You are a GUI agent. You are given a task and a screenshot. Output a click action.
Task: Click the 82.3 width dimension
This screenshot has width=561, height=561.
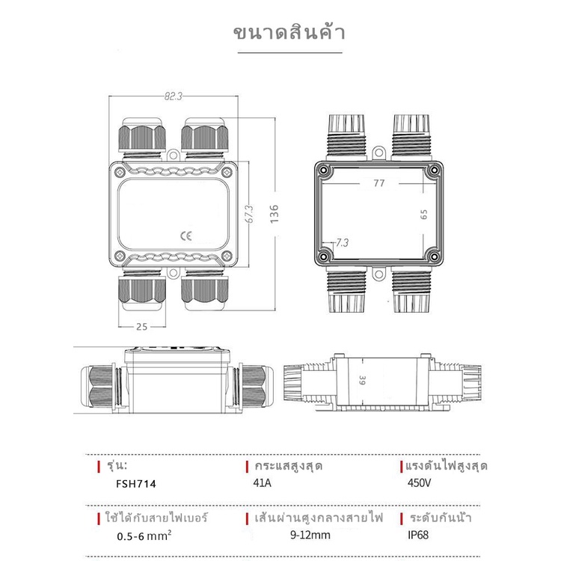pos(174,96)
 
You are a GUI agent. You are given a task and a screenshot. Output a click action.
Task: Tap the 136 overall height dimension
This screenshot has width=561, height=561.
pos(274,214)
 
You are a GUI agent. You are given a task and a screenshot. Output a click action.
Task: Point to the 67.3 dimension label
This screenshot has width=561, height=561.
pos(249,214)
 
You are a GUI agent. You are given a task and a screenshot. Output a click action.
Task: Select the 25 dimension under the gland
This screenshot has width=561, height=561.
pos(141,327)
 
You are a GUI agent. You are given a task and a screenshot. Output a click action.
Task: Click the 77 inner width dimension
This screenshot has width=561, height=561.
pos(379,183)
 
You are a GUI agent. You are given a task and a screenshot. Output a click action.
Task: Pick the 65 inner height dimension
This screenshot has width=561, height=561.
pos(423,215)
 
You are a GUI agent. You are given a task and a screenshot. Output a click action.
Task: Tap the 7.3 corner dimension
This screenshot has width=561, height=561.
pos(342,243)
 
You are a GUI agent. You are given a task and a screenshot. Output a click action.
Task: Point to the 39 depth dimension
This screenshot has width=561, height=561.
pos(363,380)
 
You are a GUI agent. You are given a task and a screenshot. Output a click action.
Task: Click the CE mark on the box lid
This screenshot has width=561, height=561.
pos(186,236)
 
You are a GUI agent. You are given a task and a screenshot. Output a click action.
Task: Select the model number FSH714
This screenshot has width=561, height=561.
pos(136,484)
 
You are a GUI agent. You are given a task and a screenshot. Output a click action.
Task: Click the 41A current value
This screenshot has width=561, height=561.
pos(263,482)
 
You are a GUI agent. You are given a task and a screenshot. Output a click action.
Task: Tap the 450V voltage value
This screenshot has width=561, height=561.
pos(419,482)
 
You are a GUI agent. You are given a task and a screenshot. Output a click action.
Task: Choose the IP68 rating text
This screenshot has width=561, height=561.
pos(418,535)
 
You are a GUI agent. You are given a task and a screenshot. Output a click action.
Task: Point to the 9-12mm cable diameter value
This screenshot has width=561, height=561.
pos(310,535)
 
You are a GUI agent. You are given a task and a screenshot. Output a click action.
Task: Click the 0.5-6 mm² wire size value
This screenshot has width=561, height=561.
pos(144,536)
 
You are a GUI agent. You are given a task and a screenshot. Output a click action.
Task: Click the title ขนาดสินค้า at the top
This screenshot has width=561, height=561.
pos(289,32)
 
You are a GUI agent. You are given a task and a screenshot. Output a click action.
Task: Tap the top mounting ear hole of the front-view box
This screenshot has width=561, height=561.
pos(174,156)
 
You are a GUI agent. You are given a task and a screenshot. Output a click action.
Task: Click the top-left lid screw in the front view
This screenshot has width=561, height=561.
pos(120,173)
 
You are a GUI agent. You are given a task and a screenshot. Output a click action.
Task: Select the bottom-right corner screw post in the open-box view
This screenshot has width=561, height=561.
pos(434,257)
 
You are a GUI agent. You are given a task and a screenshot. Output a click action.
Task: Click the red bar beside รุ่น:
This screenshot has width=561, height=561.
pos(99,467)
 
